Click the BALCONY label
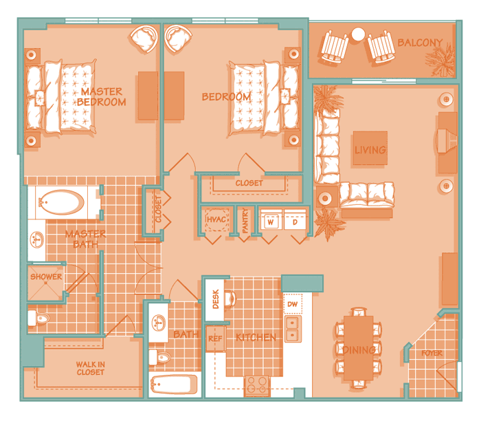coord(420,43)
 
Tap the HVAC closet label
coord(216,219)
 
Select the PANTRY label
coord(245,220)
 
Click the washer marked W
coord(271,220)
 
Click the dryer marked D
coord(295,220)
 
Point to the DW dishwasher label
coord(292,304)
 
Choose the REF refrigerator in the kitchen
coord(215,338)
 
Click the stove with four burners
coord(257,385)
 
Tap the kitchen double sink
coord(293,329)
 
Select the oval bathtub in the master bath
coord(62,202)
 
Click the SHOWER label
coord(46,277)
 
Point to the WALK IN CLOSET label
coord(91,368)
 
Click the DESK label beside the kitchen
coord(216,299)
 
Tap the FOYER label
coord(432,353)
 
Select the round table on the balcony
coord(358,34)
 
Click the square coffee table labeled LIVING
coord(370,148)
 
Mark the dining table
coord(358,348)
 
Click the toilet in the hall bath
coord(159,357)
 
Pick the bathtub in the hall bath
coord(174,385)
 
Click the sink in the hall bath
coord(159,323)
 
